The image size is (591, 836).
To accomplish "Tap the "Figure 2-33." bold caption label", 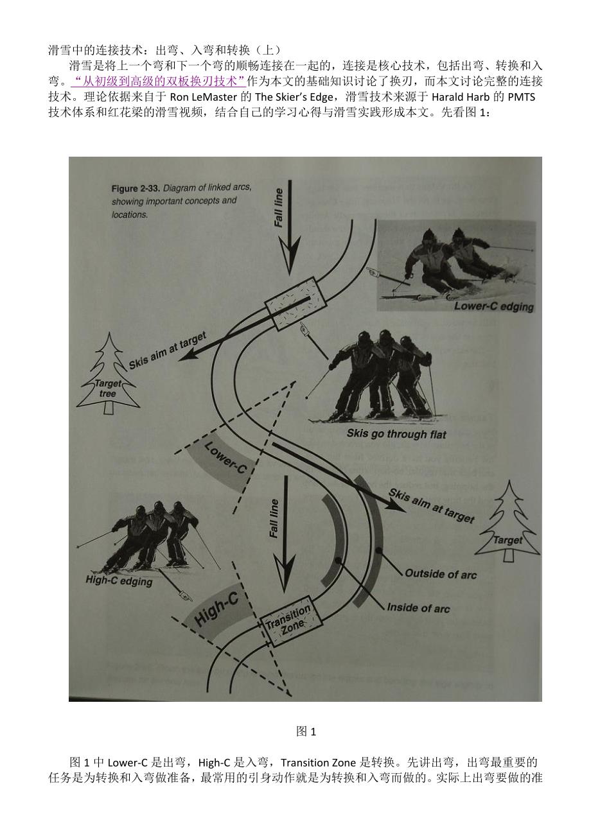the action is click(136, 189).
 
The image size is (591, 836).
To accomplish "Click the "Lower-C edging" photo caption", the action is click(493, 306).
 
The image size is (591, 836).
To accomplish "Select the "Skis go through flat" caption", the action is click(396, 435).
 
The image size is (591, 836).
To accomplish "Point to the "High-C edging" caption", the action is click(119, 580).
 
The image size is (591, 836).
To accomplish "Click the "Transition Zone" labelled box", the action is click(290, 622).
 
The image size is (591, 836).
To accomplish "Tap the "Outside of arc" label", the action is click(441, 573).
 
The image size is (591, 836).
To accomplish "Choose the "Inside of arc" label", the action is click(418, 607).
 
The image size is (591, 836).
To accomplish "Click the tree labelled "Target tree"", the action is click(109, 374).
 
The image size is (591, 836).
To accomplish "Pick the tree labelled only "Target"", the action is click(507, 521).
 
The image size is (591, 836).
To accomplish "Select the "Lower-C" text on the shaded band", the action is click(225, 458).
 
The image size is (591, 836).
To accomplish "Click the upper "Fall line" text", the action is click(279, 208).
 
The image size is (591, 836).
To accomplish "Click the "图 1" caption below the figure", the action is click(306, 731).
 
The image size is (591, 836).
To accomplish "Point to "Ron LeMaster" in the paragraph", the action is click(204, 97).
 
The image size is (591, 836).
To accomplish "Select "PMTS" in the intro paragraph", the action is click(521, 97).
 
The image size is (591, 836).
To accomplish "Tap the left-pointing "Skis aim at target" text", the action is click(168, 351).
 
